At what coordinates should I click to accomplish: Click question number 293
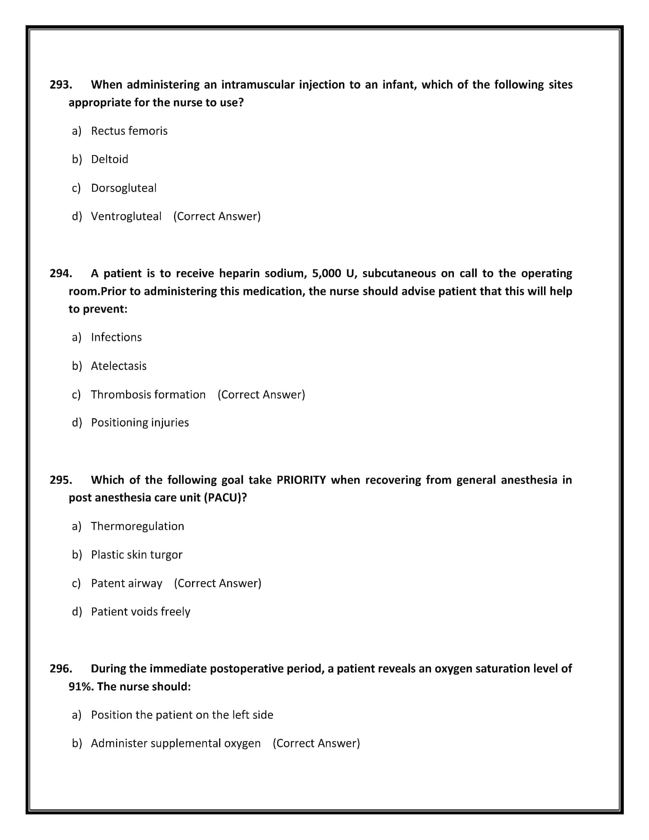[x=61, y=85]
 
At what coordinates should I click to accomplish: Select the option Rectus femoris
[x=129, y=131]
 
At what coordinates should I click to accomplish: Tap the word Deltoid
[x=110, y=159]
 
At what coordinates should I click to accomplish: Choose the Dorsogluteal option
[x=124, y=188]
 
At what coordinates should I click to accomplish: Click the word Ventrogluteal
[x=126, y=216]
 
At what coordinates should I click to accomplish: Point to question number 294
[x=61, y=273]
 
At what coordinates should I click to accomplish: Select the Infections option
[x=116, y=337]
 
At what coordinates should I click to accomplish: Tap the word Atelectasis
[x=119, y=366]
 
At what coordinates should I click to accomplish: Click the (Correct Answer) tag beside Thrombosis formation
[x=261, y=395]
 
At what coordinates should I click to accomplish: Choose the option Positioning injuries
[x=140, y=423]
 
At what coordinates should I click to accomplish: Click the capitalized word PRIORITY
[x=301, y=480]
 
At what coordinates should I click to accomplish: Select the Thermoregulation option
[x=137, y=526]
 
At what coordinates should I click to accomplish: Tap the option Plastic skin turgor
[x=137, y=555]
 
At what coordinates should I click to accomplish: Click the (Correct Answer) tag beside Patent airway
[x=218, y=583]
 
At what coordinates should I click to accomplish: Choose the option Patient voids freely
[x=140, y=612]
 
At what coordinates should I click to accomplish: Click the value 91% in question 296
[x=81, y=687]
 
